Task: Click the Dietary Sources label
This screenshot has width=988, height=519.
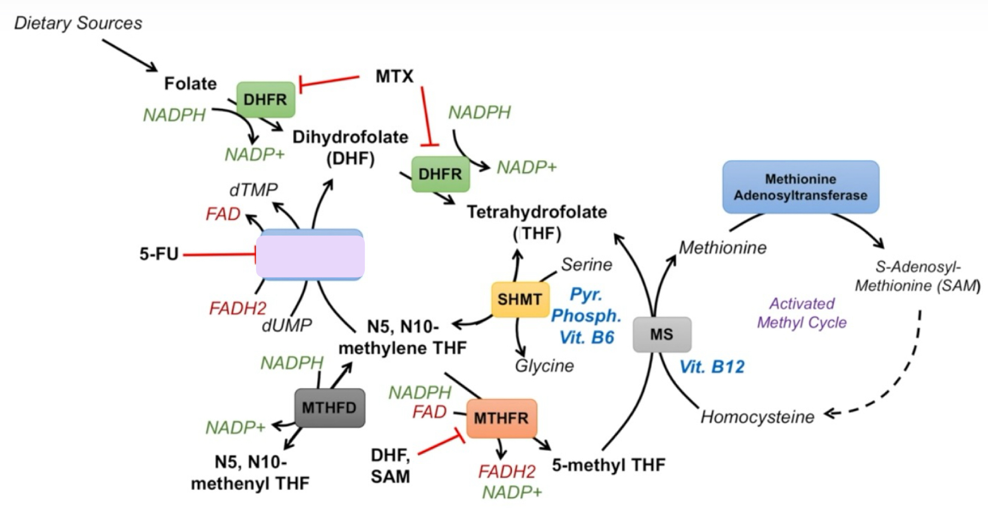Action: point(78,23)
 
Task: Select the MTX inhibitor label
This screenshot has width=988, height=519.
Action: point(394,77)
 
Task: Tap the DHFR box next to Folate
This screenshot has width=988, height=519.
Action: point(265,99)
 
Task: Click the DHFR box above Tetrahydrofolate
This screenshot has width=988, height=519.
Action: point(440,174)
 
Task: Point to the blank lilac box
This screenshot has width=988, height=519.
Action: point(310,255)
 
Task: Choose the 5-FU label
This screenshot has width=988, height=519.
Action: point(159,254)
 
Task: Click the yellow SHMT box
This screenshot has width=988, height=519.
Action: point(520,299)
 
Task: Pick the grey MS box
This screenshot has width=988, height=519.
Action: point(661,334)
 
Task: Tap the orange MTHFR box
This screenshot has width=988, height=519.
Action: point(501,418)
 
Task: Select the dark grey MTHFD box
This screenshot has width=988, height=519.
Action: point(329,408)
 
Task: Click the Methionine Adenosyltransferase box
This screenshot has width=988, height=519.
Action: point(800,187)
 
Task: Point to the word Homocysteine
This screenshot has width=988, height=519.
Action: point(757,417)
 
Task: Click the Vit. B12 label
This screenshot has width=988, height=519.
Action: point(712,367)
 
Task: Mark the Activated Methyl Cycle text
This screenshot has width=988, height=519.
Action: point(801,313)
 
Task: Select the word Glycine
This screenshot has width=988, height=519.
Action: point(544,365)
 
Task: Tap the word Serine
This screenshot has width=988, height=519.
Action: point(586,264)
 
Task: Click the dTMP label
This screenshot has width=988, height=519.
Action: point(253,190)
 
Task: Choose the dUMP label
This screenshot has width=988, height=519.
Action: point(286,325)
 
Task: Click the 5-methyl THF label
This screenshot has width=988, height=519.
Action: point(608,465)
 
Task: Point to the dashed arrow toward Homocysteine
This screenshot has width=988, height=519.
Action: point(897,377)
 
